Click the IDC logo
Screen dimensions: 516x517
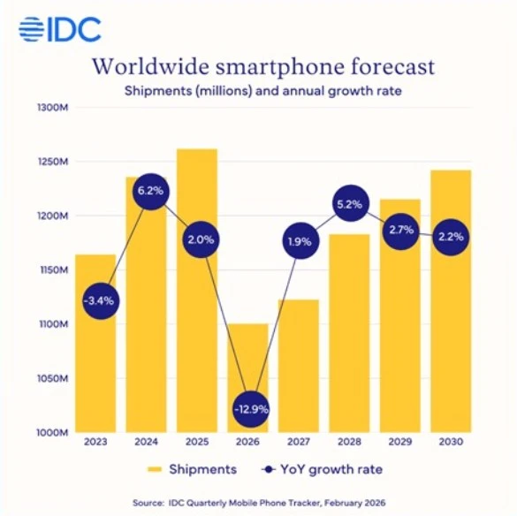[x=60, y=28]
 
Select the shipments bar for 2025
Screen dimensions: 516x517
[x=198, y=336]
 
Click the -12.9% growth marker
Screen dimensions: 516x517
[x=250, y=409]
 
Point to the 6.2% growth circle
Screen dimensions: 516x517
[x=149, y=191]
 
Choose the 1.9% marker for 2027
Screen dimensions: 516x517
[x=300, y=240]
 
